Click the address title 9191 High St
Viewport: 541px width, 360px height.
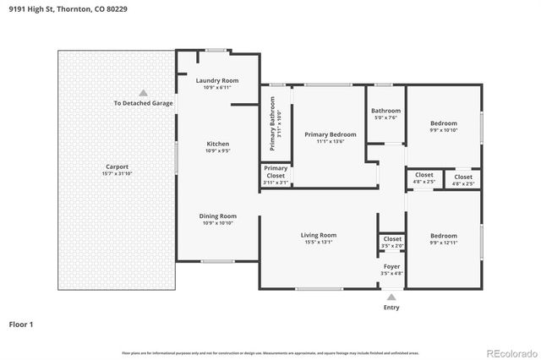pyautogui.click(x=57, y=9)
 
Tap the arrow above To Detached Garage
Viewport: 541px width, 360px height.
pyautogui.click(x=144, y=92)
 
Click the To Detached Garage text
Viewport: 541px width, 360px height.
pyautogui.click(x=144, y=103)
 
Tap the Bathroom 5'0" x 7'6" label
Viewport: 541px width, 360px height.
pyautogui.click(x=385, y=114)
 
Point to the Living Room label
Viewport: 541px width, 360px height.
pyautogui.click(x=319, y=238)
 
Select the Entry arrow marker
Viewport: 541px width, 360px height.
pyautogui.click(x=391, y=297)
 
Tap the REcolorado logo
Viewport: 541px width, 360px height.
pyautogui.click(x=510, y=352)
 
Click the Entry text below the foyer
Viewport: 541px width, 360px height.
pyautogui.click(x=391, y=307)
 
